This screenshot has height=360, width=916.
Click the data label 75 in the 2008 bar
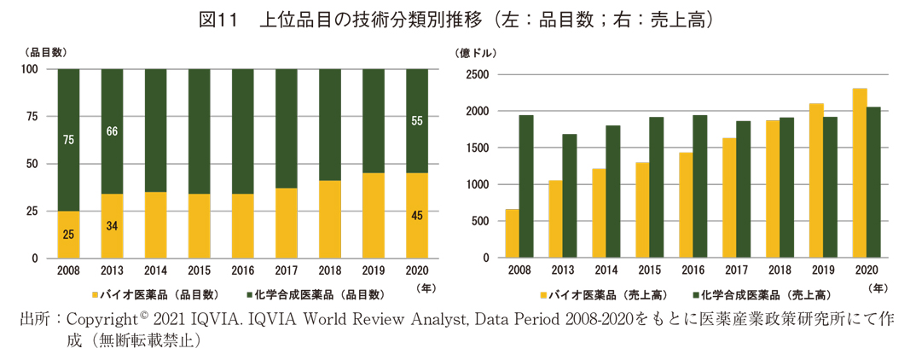click(x=68, y=139)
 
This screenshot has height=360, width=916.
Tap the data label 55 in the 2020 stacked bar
click(x=416, y=121)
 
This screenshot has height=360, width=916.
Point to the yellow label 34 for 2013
click(x=112, y=225)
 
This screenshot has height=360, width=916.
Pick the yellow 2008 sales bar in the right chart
click(x=513, y=233)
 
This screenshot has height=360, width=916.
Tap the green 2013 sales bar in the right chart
click(x=570, y=195)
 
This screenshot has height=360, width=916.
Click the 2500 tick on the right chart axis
click(x=478, y=75)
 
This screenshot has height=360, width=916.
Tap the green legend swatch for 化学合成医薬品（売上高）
click(x=696, y=294)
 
